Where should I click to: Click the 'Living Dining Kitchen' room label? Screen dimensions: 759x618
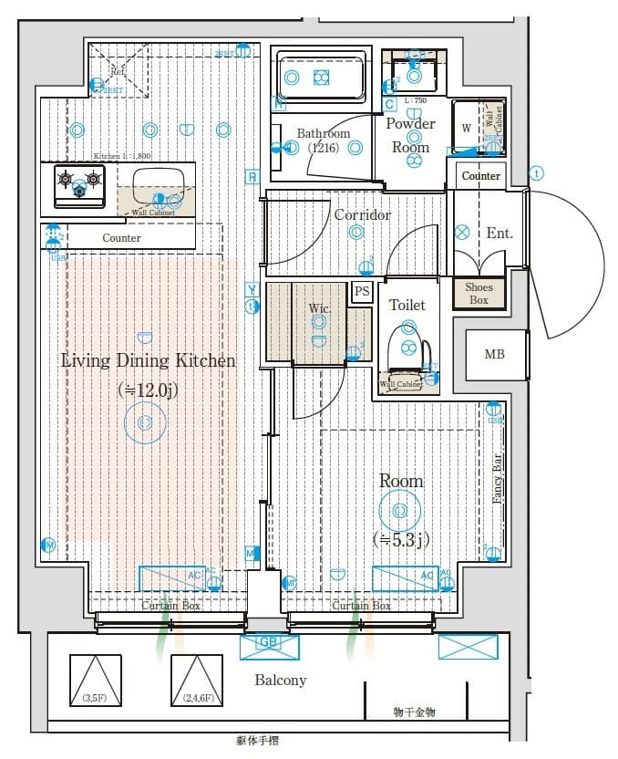(148, 360)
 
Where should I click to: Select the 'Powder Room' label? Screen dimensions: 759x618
(410, 134)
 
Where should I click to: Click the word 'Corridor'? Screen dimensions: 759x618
(362, 214)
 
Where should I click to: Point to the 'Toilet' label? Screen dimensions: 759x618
(407, 305)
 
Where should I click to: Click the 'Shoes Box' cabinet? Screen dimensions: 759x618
(479, 293)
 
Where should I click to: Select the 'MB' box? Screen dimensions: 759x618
(493, 355)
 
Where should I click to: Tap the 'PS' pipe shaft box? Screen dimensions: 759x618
(362, 292)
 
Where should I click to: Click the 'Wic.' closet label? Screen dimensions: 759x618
(319, 308)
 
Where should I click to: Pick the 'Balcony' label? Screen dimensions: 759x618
(280, 680)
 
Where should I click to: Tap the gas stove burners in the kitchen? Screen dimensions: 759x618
(79, 180)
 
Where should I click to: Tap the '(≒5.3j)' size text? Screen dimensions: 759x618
(401, 540)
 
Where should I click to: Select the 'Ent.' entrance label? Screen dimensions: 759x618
(499, 233)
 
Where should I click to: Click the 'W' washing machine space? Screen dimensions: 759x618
(466, 129)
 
